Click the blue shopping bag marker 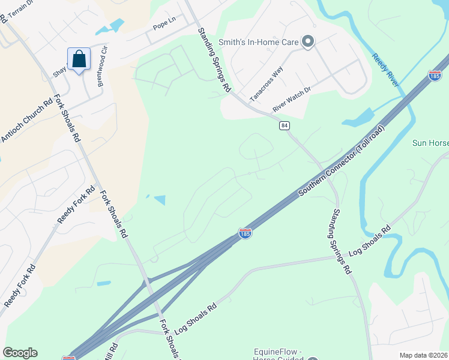click(x=79, y=59)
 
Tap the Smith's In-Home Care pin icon click(x=308, y=41)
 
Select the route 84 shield click(x=285, y=125)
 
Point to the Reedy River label click(x=385, y=70)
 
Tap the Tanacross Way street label click(x=266, y=84)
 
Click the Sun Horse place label click(x=430, y=143)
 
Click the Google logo click(x=20, y=353)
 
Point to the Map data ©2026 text click(x=423, y=355)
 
